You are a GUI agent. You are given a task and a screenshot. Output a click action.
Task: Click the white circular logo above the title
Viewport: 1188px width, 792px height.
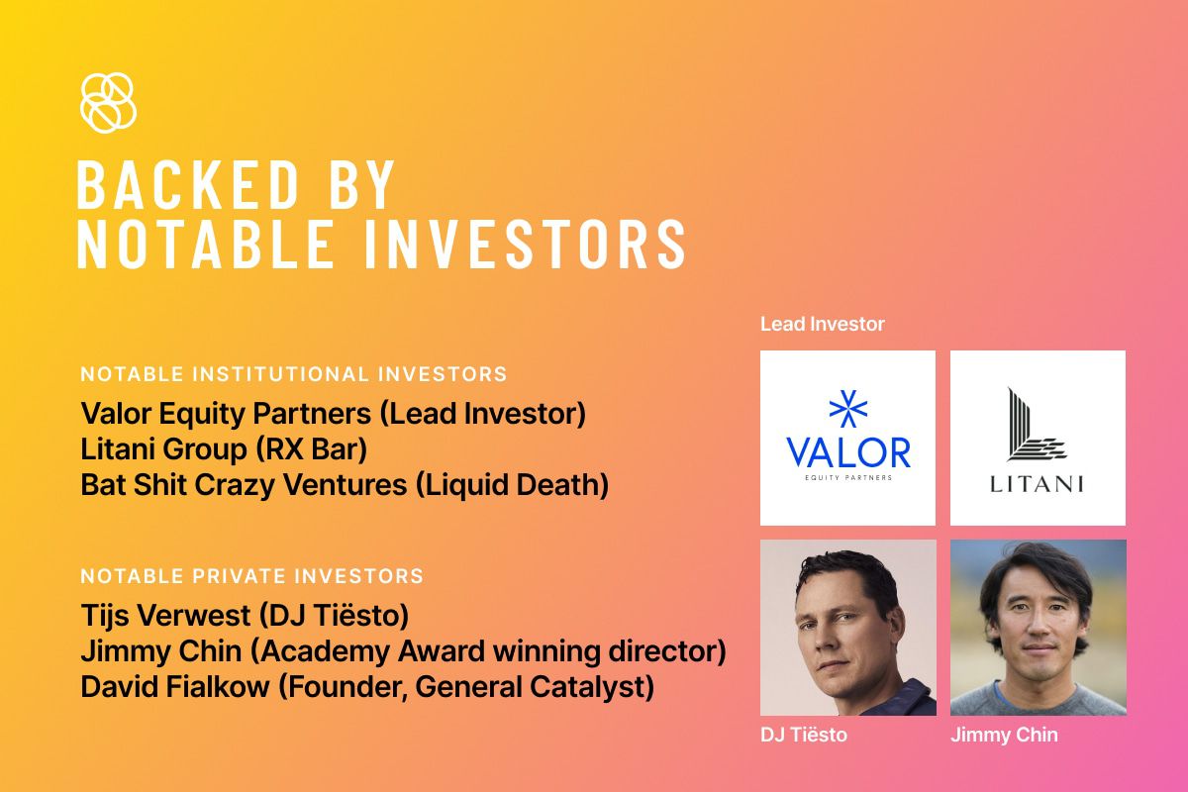[108, 102]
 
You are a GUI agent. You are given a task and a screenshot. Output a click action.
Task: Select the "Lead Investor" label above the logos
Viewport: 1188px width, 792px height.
[822, 324]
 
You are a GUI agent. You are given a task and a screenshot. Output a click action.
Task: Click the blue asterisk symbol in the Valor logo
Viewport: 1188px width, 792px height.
[848, 409]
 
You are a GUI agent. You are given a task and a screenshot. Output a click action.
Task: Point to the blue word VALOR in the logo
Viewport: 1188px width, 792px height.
[848, 452]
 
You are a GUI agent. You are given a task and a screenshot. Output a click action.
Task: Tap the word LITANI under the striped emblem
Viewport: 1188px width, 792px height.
[1037, 484]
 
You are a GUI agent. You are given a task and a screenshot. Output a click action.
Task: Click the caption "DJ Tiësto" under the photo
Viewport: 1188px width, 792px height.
[804, 735]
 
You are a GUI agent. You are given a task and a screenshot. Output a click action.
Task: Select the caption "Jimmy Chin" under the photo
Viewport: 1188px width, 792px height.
[1004, 735]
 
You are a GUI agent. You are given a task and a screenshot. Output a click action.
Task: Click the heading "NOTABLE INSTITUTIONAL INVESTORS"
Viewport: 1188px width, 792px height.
[294, 374]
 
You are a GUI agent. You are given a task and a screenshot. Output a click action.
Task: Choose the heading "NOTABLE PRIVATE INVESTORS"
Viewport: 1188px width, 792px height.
[251, 575]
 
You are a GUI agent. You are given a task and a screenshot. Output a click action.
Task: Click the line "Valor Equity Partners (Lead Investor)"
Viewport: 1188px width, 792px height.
[333, 414]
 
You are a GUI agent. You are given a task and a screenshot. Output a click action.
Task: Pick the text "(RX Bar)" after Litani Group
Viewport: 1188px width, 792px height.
[311, 449]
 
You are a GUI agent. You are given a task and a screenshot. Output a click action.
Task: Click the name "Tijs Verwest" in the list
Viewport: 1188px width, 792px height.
[165, 616]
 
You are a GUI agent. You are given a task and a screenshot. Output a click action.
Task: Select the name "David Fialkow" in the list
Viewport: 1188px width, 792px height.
[175, 686]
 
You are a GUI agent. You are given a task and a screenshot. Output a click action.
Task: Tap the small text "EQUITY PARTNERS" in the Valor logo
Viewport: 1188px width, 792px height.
[848, 477]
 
